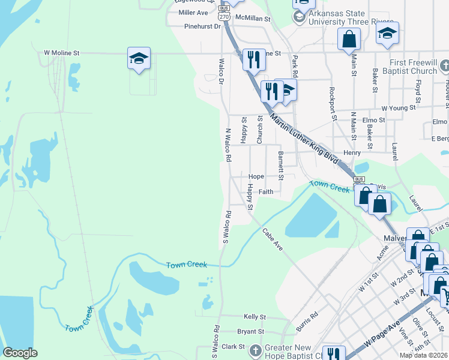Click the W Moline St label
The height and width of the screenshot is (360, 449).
tap(62, 53)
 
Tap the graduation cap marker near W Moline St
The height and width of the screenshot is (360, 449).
tap(139, 59)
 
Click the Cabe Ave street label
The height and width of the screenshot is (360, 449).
tap(272, 239)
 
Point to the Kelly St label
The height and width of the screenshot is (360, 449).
tap(255, 316)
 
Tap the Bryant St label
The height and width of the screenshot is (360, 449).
tap(250, 331)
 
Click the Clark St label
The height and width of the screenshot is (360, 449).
tap(234, 346)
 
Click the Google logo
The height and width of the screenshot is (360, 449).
tap(20, 352)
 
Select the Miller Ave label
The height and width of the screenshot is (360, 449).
tap(193, 12)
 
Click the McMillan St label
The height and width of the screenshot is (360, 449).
tap(253, 19)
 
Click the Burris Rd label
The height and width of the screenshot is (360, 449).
tap(307, 322)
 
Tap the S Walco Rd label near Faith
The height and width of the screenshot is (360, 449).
tap(227, 228)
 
